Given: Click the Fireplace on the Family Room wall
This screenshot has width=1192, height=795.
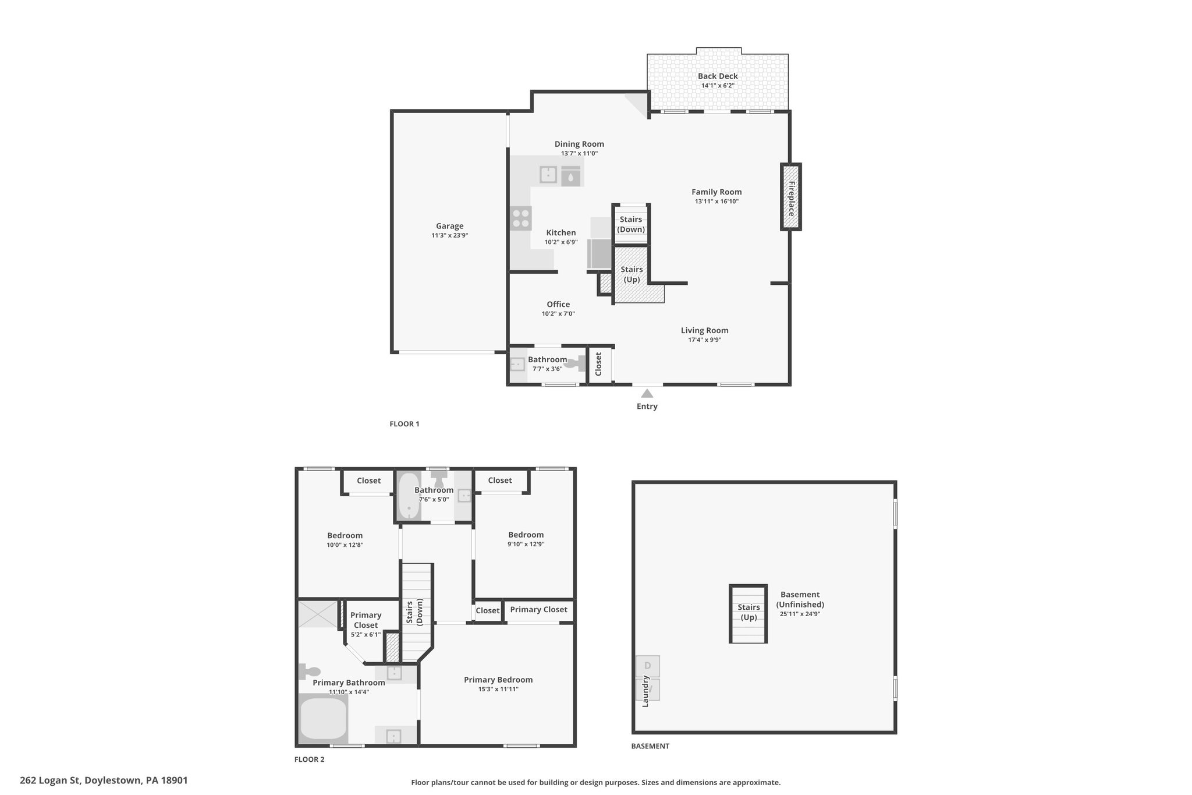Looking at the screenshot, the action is pos(791,197).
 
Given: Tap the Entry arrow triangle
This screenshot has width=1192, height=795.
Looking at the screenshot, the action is pos(647,394).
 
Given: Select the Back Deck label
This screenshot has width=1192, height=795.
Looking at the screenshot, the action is pos(718,76).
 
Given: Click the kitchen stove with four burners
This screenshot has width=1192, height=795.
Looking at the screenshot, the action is pos(521,218).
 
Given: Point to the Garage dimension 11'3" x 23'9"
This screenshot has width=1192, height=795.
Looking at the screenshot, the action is pos(450,236).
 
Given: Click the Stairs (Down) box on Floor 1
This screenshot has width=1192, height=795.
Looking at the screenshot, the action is pos(632,224).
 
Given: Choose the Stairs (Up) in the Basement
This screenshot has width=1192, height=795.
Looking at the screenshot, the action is pos(748,614).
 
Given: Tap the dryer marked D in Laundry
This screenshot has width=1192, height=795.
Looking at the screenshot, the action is pos(648,666).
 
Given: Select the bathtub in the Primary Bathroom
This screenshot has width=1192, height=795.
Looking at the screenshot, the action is pos(323,718).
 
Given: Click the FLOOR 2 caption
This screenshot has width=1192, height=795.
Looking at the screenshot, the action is pos(310,759).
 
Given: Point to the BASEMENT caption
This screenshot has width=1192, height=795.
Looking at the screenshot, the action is pos(650,746).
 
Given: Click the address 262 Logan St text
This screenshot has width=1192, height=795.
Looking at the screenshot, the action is pos(51,780).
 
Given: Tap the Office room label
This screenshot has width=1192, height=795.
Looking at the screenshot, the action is pos(558,304).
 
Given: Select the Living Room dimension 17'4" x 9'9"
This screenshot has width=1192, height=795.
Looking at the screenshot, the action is pos(705,340).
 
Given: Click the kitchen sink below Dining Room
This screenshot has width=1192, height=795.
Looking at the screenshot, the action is pos(548,175).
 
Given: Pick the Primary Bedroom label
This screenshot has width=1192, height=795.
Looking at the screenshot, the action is pos(498,680).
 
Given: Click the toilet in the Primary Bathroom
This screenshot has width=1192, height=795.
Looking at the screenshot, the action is pos(310,672).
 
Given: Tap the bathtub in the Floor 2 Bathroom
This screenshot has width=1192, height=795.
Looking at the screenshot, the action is pos(409,496).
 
